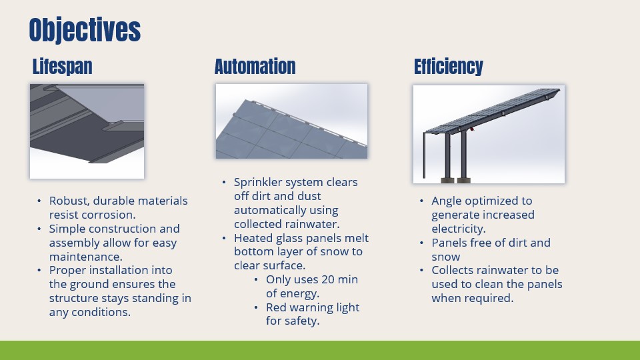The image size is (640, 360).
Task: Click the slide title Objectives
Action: (85, 30)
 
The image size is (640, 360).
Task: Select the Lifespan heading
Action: (62, 67)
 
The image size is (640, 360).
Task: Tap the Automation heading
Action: (255, 67)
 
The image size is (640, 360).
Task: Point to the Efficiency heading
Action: (448, 67)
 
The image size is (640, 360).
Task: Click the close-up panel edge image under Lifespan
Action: (87, 131)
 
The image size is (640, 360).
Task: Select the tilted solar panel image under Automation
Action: (291, 121)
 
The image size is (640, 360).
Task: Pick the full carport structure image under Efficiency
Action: (489, 134)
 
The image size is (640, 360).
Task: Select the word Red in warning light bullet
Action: (277, 307)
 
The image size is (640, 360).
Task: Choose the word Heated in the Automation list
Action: (254, 238)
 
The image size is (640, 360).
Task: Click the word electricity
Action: (458, 229)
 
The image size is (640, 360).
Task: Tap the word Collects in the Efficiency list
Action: (455, 270)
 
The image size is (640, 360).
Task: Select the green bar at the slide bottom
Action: (320, 350)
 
